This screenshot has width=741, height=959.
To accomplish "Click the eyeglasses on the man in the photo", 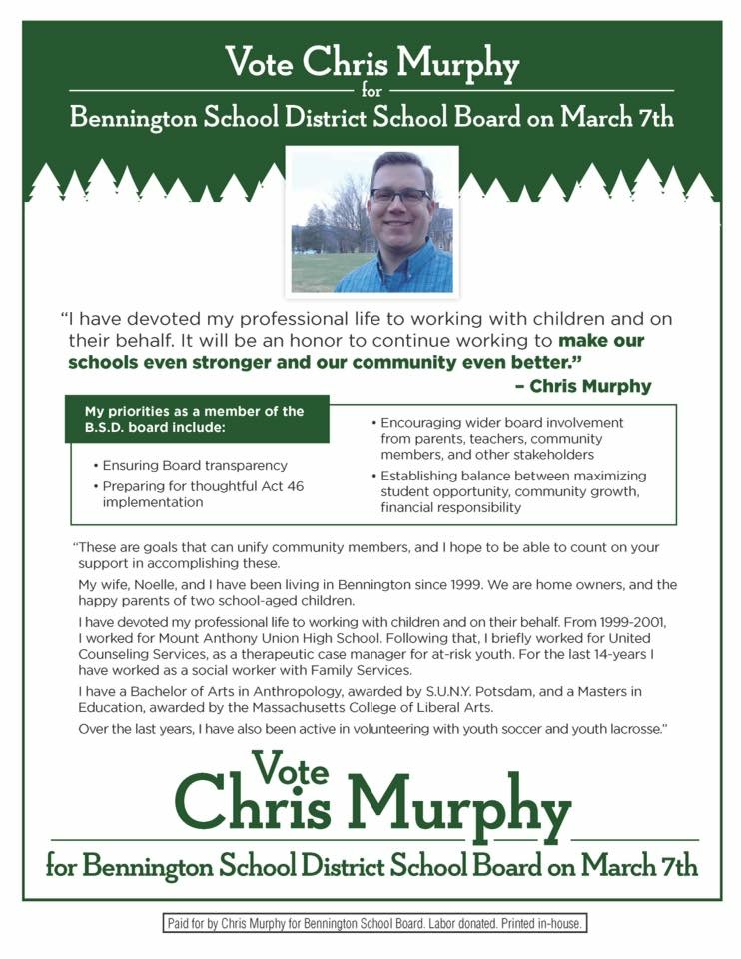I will point(399,196).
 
